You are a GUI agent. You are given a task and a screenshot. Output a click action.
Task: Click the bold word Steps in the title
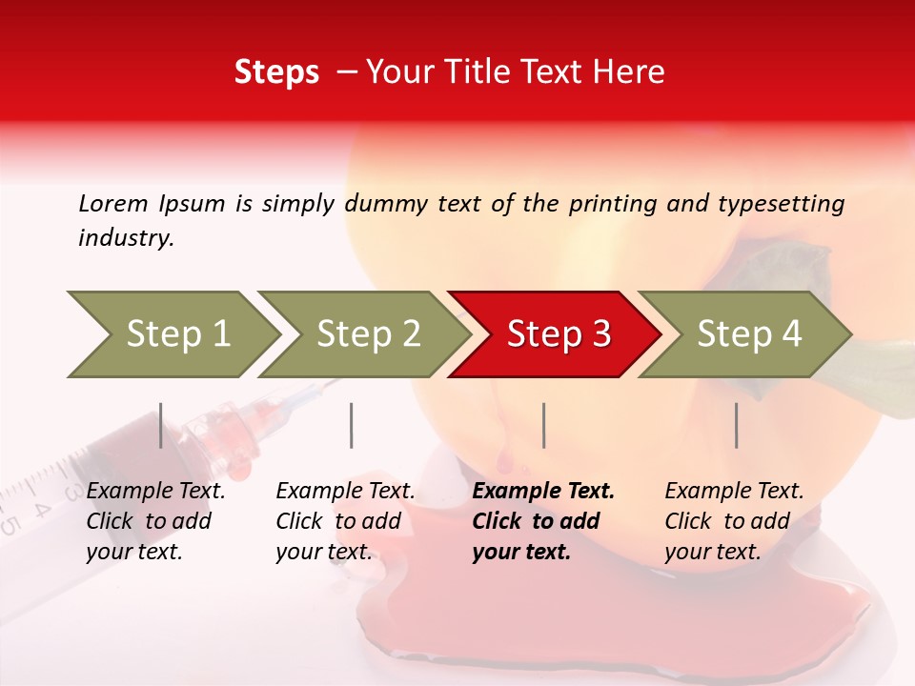coord(276,72)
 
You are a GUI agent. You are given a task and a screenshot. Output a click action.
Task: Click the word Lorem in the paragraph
coord(112,203)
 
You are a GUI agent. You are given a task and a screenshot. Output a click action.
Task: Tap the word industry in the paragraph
coord(125,238)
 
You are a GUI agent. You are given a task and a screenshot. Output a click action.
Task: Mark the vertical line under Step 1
coord(161,425)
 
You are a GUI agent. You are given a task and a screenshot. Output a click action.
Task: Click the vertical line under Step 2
coord(352,425)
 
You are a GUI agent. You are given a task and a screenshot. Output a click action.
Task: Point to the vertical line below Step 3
coord(543,425)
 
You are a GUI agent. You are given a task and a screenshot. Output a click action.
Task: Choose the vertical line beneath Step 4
coord(736,425)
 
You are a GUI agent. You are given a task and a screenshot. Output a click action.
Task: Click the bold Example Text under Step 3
coord(543,492)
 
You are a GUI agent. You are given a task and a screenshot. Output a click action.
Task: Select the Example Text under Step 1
coord(155,492)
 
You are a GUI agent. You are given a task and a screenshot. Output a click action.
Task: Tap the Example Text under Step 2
coord(345,492)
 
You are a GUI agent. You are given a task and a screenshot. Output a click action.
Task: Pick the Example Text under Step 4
coord(734,492)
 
